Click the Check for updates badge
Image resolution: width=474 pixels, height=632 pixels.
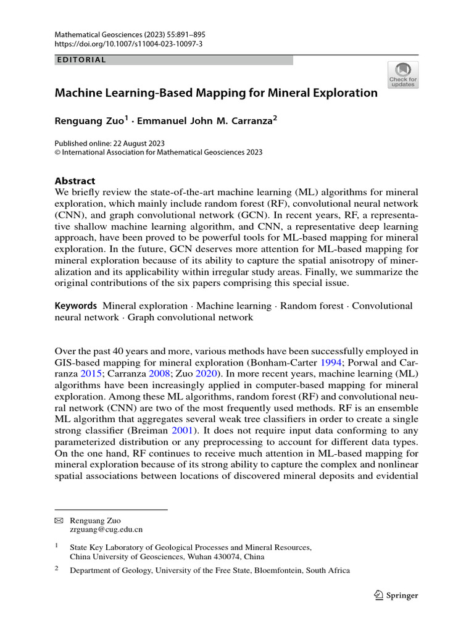402,75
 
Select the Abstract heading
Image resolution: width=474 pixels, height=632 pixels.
75,181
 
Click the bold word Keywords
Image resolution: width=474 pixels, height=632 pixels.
76,306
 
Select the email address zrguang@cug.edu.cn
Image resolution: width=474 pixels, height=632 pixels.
107,530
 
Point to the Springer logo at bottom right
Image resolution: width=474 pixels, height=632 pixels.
396,596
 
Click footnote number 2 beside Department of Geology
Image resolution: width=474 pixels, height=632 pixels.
57,570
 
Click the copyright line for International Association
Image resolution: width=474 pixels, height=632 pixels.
159,152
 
